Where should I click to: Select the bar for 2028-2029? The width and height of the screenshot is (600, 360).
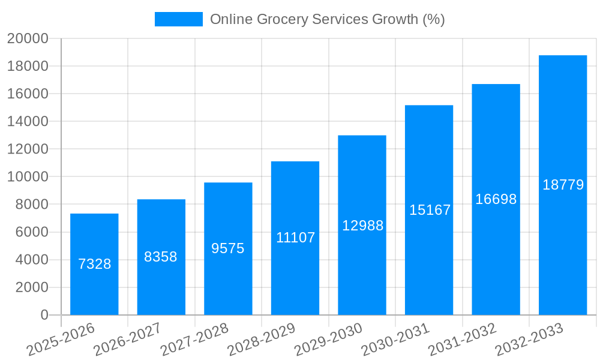click(x=295, y=270)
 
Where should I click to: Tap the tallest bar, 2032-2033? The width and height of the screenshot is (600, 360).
click(x=563, y=240)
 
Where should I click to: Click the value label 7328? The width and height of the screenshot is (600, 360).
click(x=95, y=264)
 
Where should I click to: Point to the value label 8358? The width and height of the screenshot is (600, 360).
click(x=161, y=257)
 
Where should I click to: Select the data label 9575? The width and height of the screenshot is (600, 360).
click(x=228, y=248)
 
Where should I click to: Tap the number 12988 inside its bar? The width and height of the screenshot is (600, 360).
click(x=362, y=226)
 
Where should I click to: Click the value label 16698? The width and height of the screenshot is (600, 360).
click(x=496, y=199)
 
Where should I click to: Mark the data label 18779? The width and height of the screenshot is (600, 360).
click(x=563, y=185)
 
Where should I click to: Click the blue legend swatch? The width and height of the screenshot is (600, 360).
click(x=178, y=19)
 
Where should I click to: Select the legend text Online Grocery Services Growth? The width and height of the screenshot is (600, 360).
click(x=327, y=19)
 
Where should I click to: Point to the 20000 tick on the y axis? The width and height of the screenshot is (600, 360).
click(x=28, y=38)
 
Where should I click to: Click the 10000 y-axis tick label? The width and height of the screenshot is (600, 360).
click(x=28, y=177)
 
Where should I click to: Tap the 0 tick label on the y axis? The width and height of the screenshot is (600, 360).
click(x=44, y=315)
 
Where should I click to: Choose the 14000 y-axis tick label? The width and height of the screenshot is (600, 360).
click(x=28, y=121)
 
